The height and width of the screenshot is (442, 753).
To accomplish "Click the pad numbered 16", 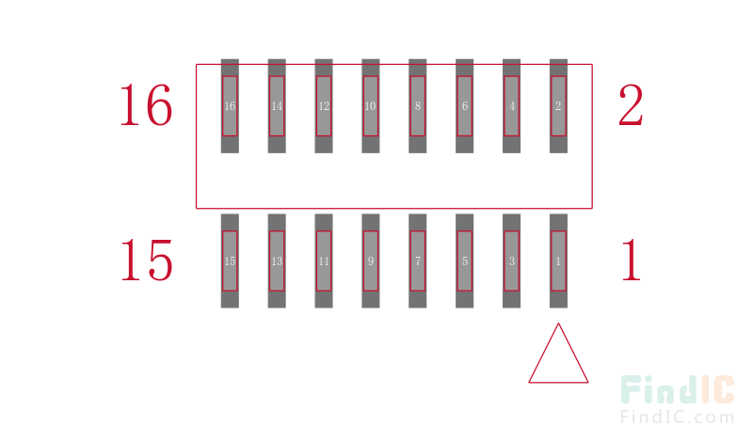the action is [230, 106].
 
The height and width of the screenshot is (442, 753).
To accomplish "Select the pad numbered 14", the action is [277, 106].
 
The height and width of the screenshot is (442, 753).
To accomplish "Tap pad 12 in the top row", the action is [324, 106].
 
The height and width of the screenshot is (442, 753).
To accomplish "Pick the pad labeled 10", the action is [371, 106].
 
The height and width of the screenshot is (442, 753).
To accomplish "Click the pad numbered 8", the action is [417, 106].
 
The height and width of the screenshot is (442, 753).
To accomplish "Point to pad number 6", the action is [464, 106].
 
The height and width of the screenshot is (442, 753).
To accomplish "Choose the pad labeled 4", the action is [511, 106].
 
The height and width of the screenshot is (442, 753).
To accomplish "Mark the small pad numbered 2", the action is [558, 106].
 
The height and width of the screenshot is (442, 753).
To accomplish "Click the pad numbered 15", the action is [230, 261].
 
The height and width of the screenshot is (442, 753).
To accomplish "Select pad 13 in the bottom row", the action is [277, 261].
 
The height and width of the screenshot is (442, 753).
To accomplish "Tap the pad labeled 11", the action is [324, 261].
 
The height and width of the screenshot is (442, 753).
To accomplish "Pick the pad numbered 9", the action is [371, 261].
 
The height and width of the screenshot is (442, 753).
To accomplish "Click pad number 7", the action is [417, 261].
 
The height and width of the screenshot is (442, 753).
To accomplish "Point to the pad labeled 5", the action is [464, 261].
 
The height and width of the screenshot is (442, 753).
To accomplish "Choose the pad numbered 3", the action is [511, 261].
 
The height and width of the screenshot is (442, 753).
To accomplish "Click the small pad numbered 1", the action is [558, 261].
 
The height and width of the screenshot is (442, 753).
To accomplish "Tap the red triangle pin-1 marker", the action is [558, 382].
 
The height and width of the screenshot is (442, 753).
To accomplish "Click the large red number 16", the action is [146, 105].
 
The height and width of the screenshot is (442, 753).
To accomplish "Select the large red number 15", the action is [146, 260].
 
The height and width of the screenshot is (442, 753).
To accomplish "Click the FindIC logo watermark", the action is [677, 399].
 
